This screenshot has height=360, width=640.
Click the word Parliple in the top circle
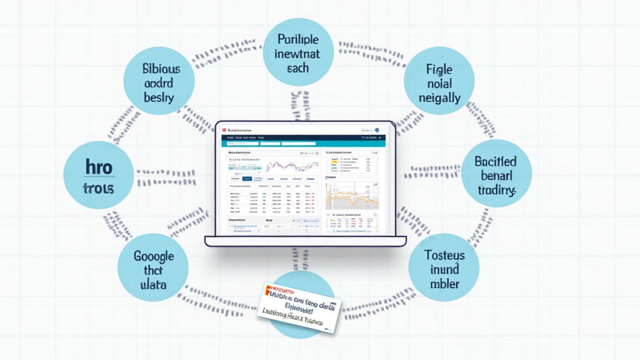coord(298,39)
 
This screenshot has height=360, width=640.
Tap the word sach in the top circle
coord(298,67)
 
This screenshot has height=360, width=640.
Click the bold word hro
coord(98,169)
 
